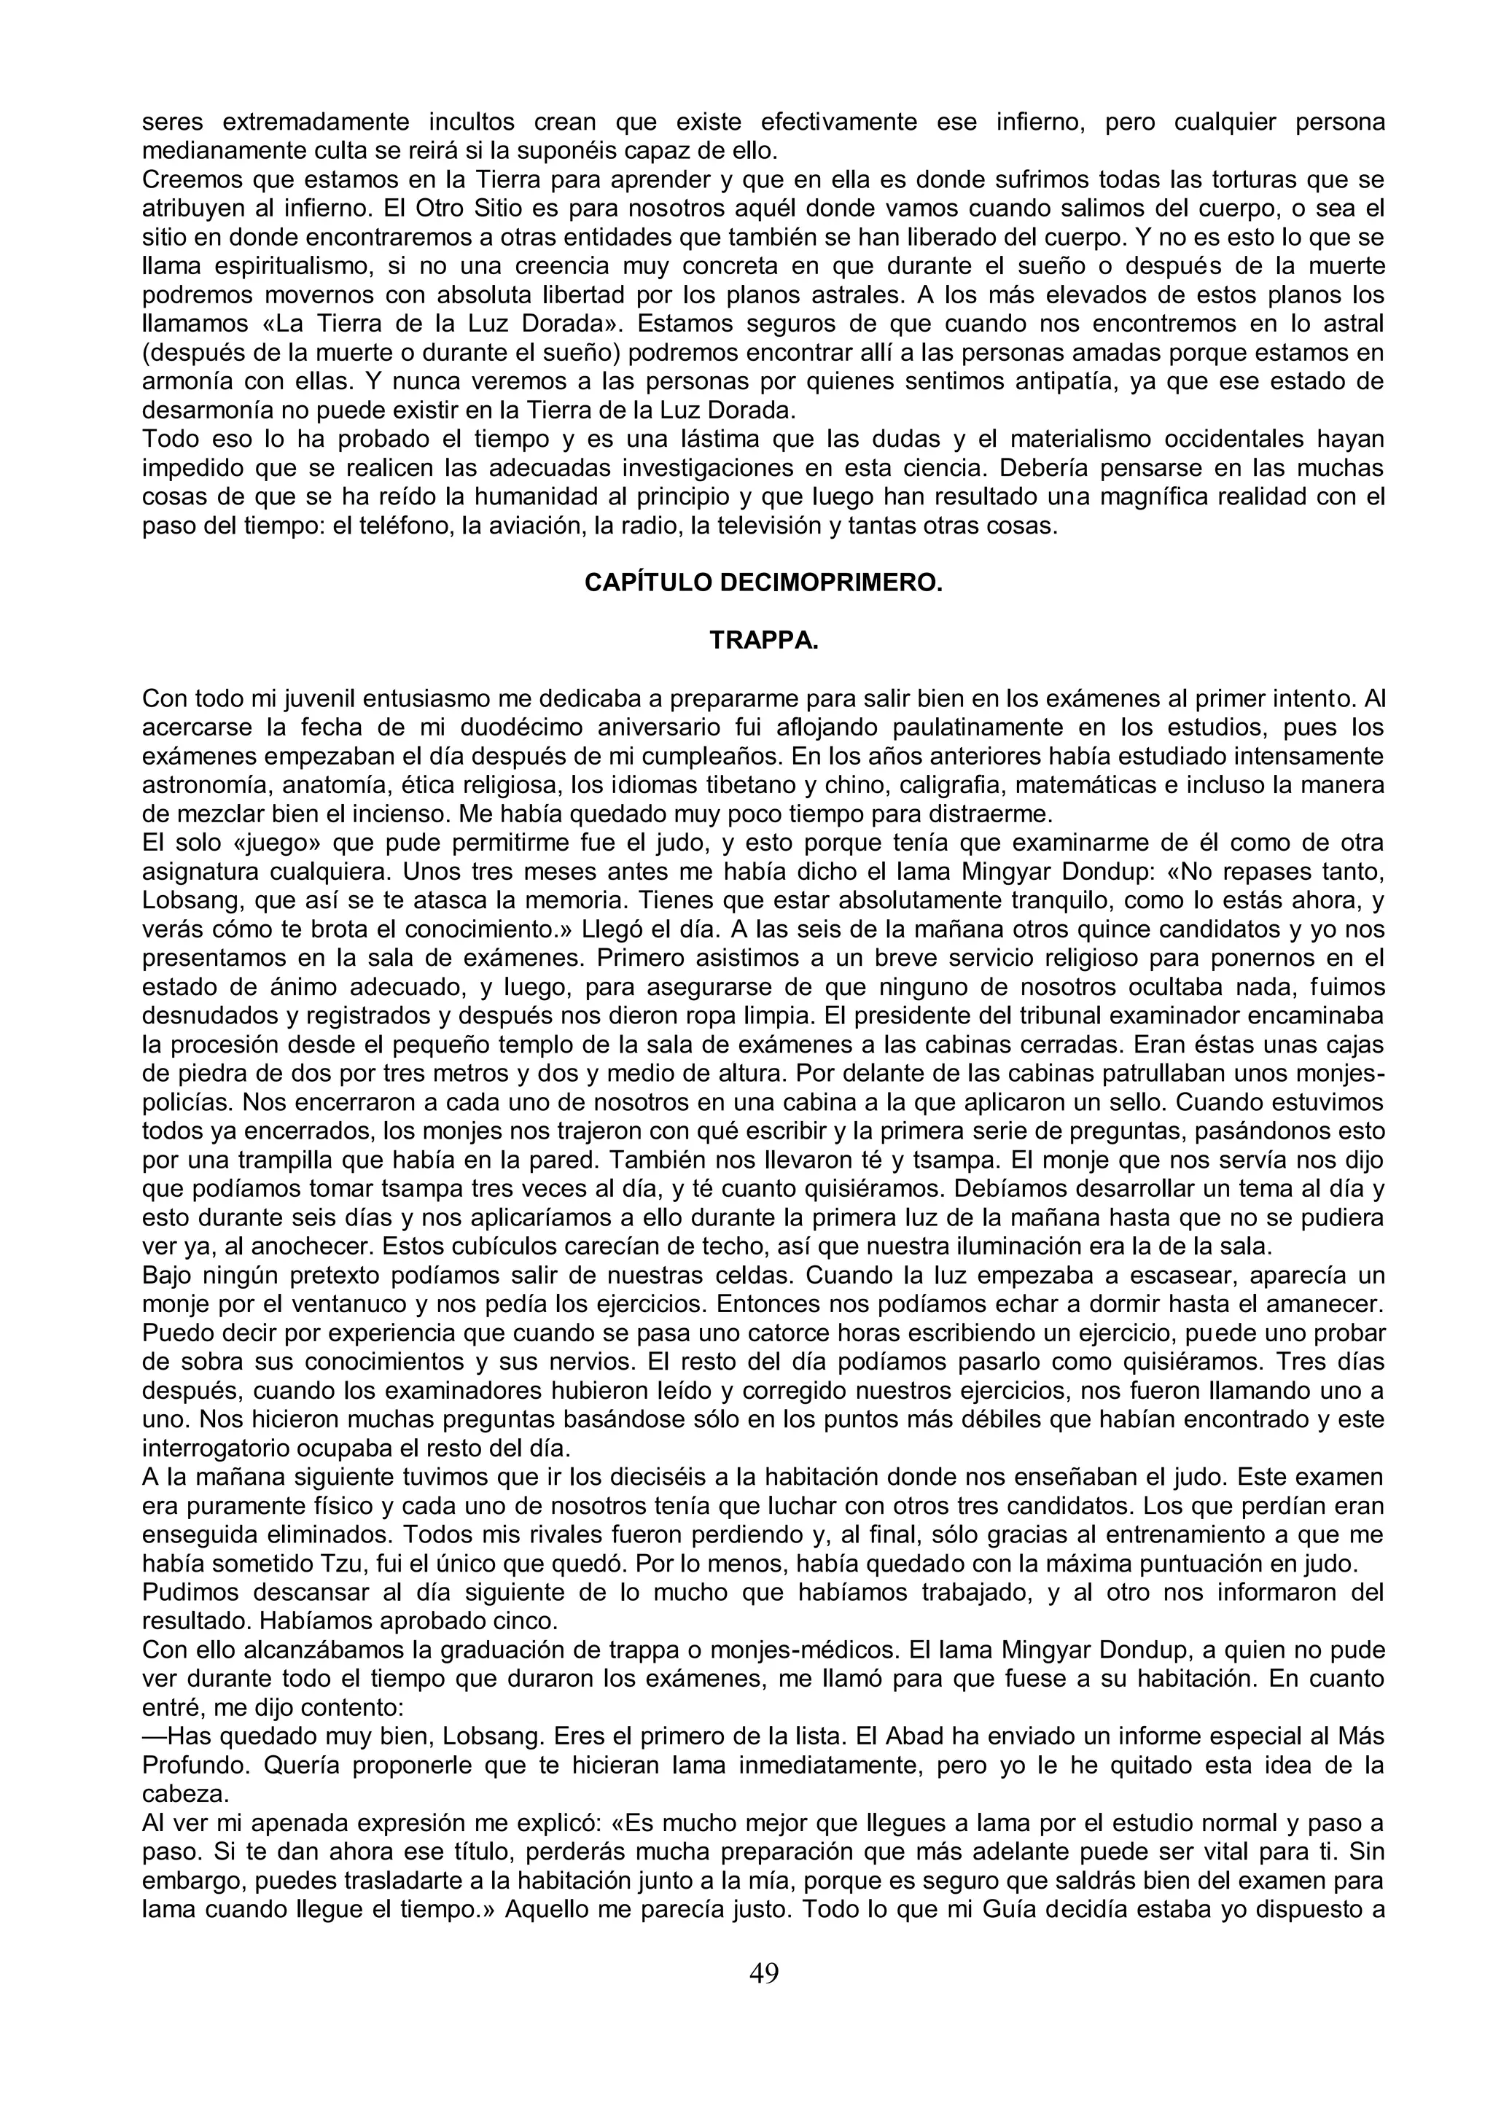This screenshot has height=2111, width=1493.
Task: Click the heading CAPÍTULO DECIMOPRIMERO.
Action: pyautogui.click(x=763, y=584)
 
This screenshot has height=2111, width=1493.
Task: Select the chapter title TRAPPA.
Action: pyautogui.click(x=763, y=641)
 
